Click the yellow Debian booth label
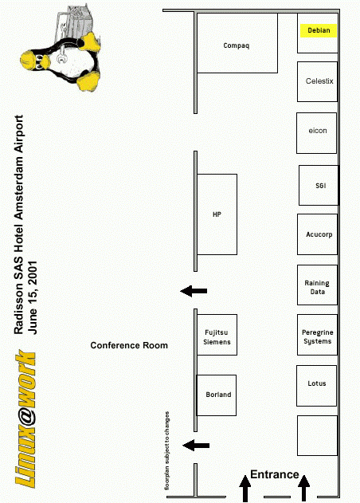pyautogui.click(x=319, y=30)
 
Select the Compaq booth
pyautogui.click(x=237, y=43)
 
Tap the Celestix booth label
pyautogui.click(x=319, y=81)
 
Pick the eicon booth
pyautogui.click(x=317, y=133)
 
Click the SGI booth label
pyautogui.click(x=320, y=186)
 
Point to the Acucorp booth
pyautogui.click(x=317, y=234)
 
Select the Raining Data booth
pyautogui.click(x=317, y=285)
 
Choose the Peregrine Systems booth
pyautogui.click(x=317, y=335)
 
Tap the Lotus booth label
pyautogui.click(x=317, y=383)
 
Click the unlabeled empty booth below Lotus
pyautogui.click(x=317, y=435)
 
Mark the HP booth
pyautogui.click(x=217, y=214)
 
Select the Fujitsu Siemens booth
pyautogui.click(x=217, y=335)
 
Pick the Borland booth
pyautogui.click(x=217, y=395)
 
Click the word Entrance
pyautogui.click(x=275, y=474)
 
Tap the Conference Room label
pyautogui.click(x=129, y=345)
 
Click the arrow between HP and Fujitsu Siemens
pyautogui.click(x=194, y=291)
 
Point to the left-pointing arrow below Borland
pyautogui.click(x=196, y=446)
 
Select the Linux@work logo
pyautogui.click(x=25, y=419)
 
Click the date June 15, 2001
pyautogui.click(x=33, y=297)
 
